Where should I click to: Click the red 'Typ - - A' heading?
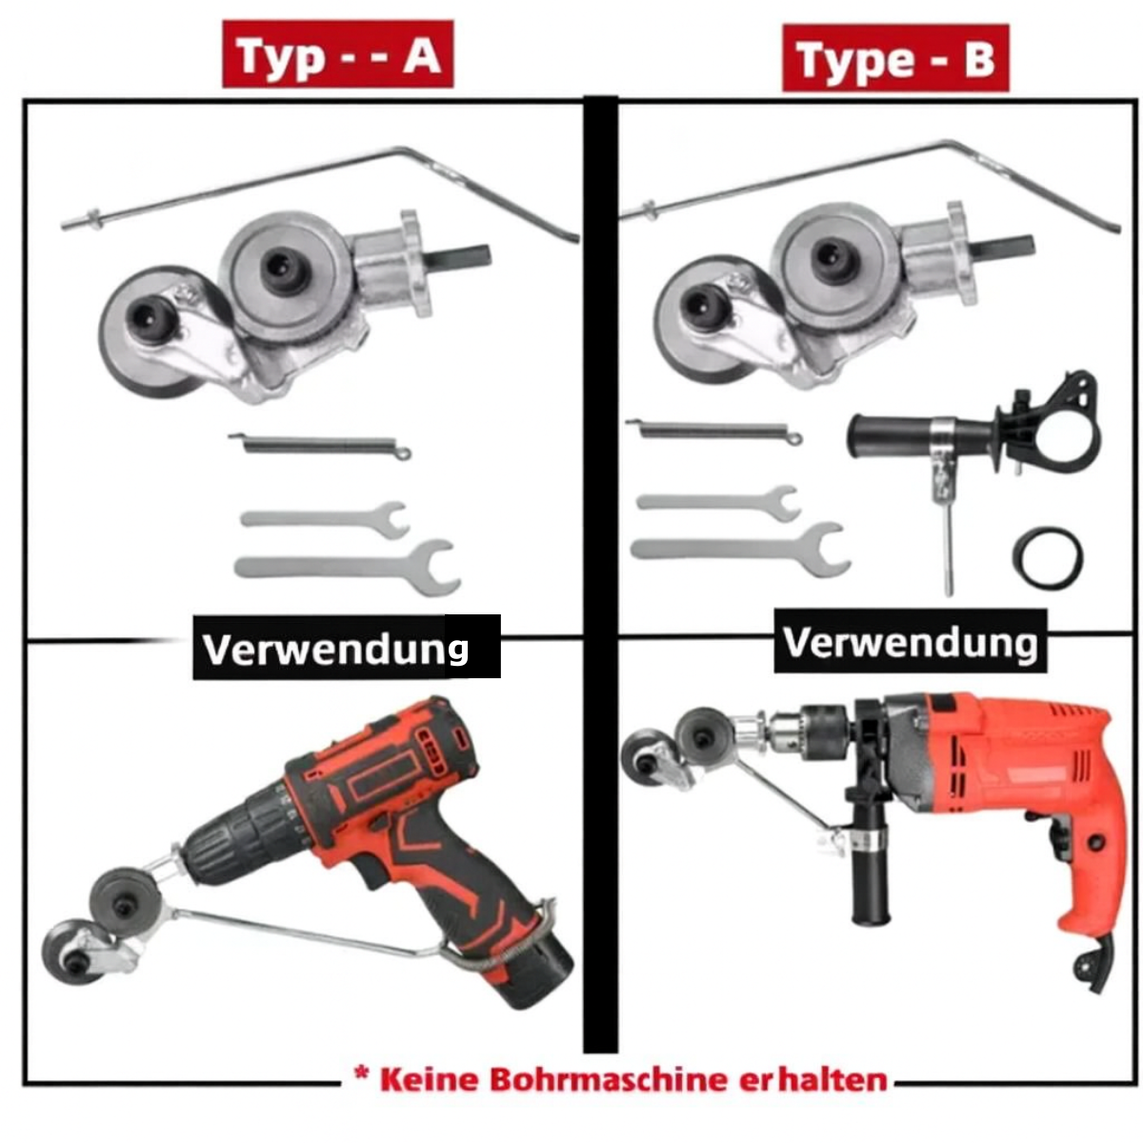point(337,54)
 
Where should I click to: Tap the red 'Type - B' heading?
point(895,58)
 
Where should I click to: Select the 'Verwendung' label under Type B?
point(910,642)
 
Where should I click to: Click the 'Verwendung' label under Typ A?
point(335,649)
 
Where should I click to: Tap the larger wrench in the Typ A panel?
point(348,567)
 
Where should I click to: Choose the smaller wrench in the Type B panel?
point(719,503)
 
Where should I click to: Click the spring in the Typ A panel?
point(319,444)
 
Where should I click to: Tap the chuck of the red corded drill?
point(812,732)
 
